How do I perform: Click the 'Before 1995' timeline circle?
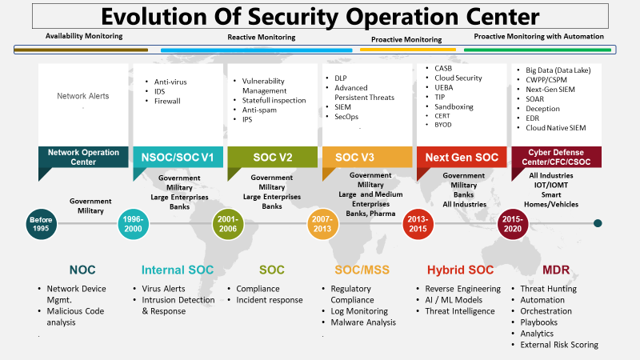click(x=42, y=225)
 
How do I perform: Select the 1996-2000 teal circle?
click(x=134, y=225)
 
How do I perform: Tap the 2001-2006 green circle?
click(x=228, y=225)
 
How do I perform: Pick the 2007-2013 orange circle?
click(x=322, y=225)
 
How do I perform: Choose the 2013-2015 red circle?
click(x=417, y=225)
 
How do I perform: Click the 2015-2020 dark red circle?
click(x=512, y=225)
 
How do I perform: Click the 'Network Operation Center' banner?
click(x=83, y=157)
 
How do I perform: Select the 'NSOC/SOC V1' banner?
click(x=178, y=157)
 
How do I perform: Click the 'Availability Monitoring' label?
click(x=84, y=36)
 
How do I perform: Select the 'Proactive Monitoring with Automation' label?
click(x=538, y=36)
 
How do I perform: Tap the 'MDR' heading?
click(x=558, y=270)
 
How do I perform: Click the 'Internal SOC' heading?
click(x=178, y=270)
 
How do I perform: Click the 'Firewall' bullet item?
click(x=167, y=101)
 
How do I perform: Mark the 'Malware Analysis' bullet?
click(x=363, y=322)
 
